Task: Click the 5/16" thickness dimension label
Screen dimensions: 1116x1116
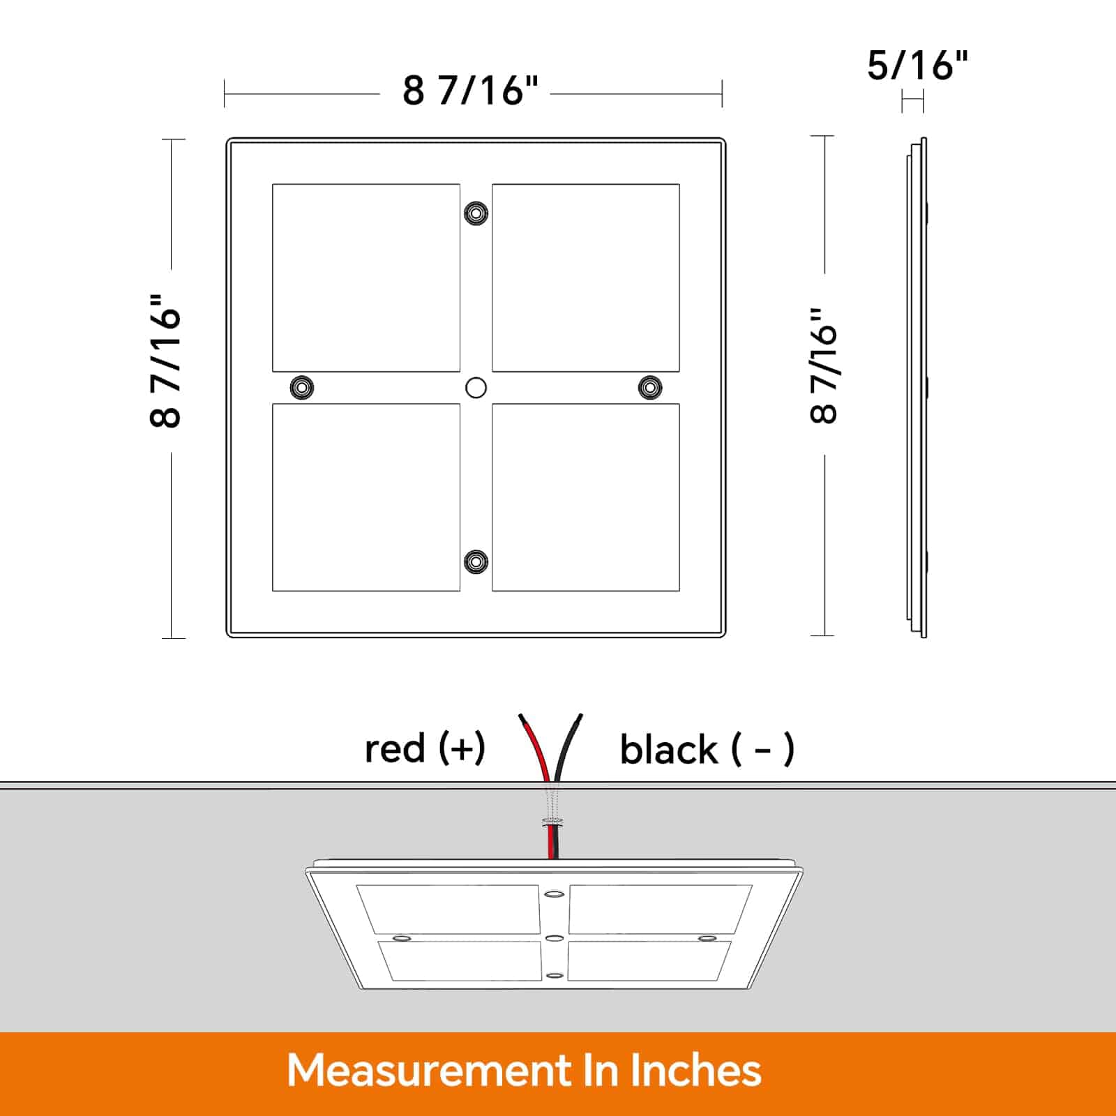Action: coord(917,66)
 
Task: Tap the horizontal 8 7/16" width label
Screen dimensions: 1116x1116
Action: coord(471,91)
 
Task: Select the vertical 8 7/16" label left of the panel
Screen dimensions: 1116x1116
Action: coord(166,360)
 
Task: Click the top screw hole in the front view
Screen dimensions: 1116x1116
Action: coord(476,213)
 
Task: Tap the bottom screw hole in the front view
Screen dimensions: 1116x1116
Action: coord(476,561)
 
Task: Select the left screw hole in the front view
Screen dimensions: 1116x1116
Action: coord(301,387)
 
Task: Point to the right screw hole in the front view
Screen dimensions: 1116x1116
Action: coord(650,387)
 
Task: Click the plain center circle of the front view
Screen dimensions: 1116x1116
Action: coord(476,388)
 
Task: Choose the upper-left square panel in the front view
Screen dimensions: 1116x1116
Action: coord(366,278)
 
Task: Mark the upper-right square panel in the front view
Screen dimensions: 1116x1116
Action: coord(586,278)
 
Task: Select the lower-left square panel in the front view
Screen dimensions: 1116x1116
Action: coord(366,497)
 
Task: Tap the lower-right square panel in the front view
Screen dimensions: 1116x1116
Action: coord(586,497)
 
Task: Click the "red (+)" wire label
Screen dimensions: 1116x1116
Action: coord(425,748)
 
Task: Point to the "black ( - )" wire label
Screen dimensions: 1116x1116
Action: coord(707,750)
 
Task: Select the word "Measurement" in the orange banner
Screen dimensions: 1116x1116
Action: coord(428,1071)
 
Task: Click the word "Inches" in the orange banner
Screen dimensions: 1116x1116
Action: coord(695,1071)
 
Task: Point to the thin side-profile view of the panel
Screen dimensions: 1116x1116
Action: coord(917,387)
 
